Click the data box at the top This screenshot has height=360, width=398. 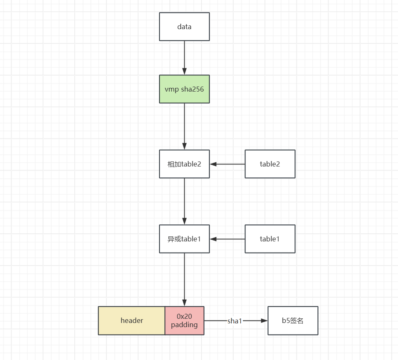(x=184, y=27)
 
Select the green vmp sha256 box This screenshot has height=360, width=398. (x=184, y=89)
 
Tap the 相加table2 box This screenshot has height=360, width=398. (x=184, y=164)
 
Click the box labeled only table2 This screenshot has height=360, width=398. (x=270, y=164)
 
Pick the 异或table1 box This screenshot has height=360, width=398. (x=184, y=239)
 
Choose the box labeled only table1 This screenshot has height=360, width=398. (x=270, y=239)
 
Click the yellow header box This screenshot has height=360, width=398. (x=132, y=320)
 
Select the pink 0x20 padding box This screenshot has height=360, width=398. (x=185, y=320)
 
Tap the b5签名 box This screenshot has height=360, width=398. (x=293, y=320)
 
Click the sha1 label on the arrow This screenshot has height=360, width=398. (x=235, y=321)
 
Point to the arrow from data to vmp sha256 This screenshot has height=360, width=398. (x=185, y=58)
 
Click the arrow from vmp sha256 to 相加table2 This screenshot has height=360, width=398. (x=185, y=127)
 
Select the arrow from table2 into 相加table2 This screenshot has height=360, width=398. (x=227, y=164)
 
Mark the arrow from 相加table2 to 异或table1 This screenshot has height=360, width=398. (x=185, y=201)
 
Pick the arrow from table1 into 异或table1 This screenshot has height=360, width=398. (x=227, y=239)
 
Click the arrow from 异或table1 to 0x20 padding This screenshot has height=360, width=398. (x=185, y=279)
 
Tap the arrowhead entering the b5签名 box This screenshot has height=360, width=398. (x=265, y=320)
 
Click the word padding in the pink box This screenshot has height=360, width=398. (x=184, y=325)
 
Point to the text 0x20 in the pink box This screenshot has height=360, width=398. (x=184, y=316)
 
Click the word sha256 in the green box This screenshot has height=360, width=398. (x=193, y=89)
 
